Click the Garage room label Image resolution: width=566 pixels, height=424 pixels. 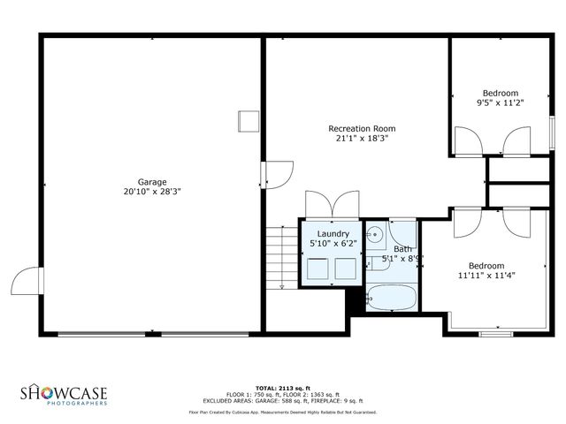pos(152,182)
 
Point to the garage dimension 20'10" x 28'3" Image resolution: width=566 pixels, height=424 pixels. pos(152,191)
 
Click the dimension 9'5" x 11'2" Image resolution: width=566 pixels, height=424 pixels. pos(500,102)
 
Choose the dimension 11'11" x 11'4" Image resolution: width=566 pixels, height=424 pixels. pos(486,275)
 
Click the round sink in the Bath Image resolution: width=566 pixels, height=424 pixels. pos(375,235)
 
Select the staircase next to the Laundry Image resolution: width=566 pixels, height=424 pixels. pos(282,256)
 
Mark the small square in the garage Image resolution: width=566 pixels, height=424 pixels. pos(248,122)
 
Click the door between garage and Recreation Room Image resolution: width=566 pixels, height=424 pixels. pos(279,172)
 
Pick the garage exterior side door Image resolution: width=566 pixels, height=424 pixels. pos(27,282)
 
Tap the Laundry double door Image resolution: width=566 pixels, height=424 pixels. pos(332,203)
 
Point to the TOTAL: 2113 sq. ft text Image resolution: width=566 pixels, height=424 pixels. pos(282,388)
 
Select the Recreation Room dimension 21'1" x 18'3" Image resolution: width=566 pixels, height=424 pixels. pos(362,138)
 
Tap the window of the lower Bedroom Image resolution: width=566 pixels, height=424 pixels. pos(496,334)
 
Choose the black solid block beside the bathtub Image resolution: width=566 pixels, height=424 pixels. pos(356,300)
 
